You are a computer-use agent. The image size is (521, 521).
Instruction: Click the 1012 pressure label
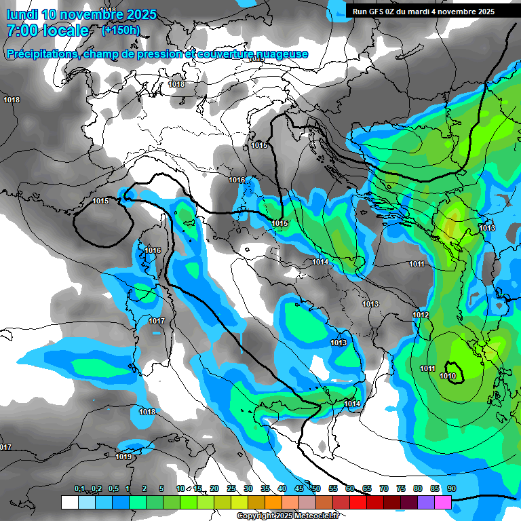421,315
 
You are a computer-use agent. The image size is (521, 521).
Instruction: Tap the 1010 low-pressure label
448,376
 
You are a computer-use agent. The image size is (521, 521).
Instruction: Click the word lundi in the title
22,14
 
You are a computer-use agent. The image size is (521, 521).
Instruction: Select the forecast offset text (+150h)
121,30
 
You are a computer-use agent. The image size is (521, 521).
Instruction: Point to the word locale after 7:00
66,31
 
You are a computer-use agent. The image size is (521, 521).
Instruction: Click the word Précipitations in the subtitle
40,54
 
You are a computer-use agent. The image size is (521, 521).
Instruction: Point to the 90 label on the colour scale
451,488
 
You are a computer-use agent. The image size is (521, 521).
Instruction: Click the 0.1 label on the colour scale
79,488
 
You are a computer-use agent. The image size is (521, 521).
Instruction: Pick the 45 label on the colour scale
299,488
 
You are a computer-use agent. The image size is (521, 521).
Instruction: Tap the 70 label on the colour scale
384,488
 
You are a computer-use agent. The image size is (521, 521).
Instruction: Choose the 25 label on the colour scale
231,488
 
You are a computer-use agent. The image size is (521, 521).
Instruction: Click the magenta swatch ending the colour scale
443,502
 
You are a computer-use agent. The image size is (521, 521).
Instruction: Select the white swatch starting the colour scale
69,502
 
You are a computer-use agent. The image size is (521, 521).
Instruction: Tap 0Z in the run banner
395,12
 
